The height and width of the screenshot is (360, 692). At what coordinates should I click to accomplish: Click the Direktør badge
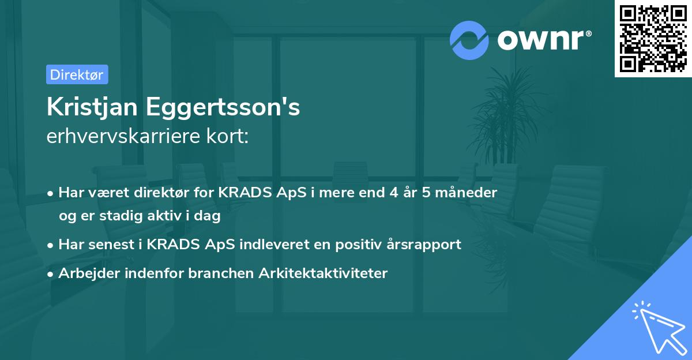(x=77, y=74)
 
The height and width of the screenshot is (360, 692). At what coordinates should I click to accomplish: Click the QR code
(x=653, y=39)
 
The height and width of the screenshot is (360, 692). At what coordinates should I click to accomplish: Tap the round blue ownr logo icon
(x=469, y=40)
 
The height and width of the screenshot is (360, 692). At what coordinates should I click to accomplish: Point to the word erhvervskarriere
(x=127, y=137)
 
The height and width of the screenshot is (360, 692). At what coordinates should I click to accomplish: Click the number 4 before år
(x=393, y=192)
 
